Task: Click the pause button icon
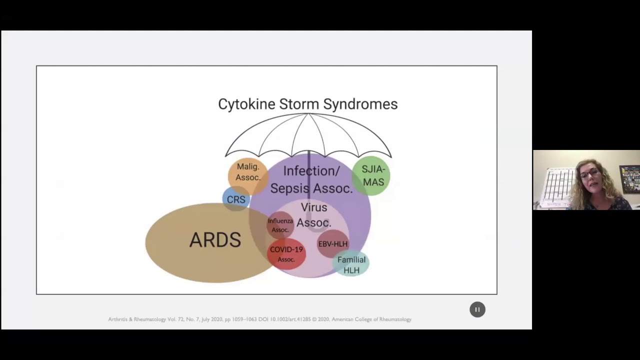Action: (477, 309)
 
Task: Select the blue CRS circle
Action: (235, 199)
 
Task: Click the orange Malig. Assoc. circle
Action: (247, 172)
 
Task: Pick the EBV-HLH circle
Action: (333, 244)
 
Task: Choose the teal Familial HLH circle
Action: (351, 265)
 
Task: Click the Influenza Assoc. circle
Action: (280, 225)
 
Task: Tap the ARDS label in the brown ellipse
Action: (215, 240)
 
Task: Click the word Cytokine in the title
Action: (246, 104)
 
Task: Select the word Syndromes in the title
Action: (360, 104)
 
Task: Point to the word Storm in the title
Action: (299, 104)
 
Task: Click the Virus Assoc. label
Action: (314, 215)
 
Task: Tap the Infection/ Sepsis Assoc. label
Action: (311, 179)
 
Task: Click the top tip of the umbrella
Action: (308, 114)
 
